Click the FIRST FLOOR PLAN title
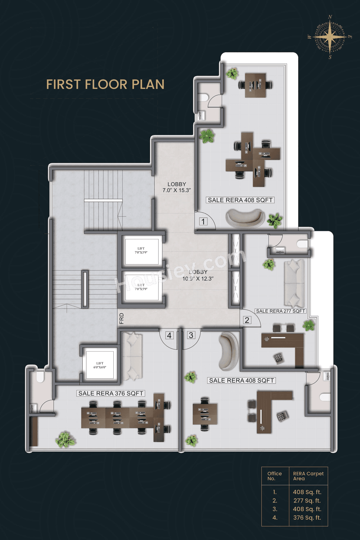(105, 84)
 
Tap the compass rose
(330, 37)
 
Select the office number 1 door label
(203, 221)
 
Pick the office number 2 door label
(247, 320)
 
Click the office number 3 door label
(191, 335)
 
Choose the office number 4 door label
(169, 335)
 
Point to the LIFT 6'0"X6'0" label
(100, 365)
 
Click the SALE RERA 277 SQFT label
(280, 311)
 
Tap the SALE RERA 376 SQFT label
(111, 393)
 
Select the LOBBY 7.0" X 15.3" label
(177, 187)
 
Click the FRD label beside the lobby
(121, 318)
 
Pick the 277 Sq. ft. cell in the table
(307, 501)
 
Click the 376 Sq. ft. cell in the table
(307, 517)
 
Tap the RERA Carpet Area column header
(308, 476)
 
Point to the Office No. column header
(274, 476)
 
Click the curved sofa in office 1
(245, 218)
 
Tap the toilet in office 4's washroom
(40, 377)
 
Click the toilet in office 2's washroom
(302, 244)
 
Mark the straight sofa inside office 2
(294, 283)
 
